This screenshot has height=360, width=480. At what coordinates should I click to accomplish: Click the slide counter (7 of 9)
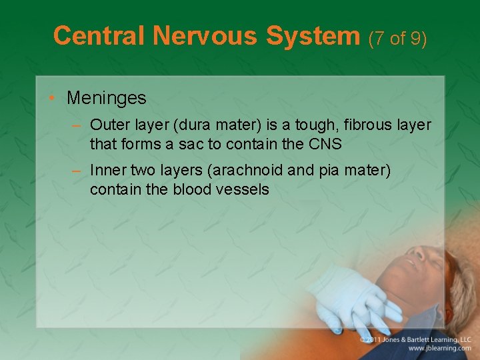tap(397, 38)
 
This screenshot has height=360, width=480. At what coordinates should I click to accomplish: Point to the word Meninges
tap(106, 98)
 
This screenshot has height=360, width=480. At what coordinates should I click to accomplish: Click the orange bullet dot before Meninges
tap(52, 99)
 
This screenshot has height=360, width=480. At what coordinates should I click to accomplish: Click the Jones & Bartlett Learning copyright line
tap(416, 339)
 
